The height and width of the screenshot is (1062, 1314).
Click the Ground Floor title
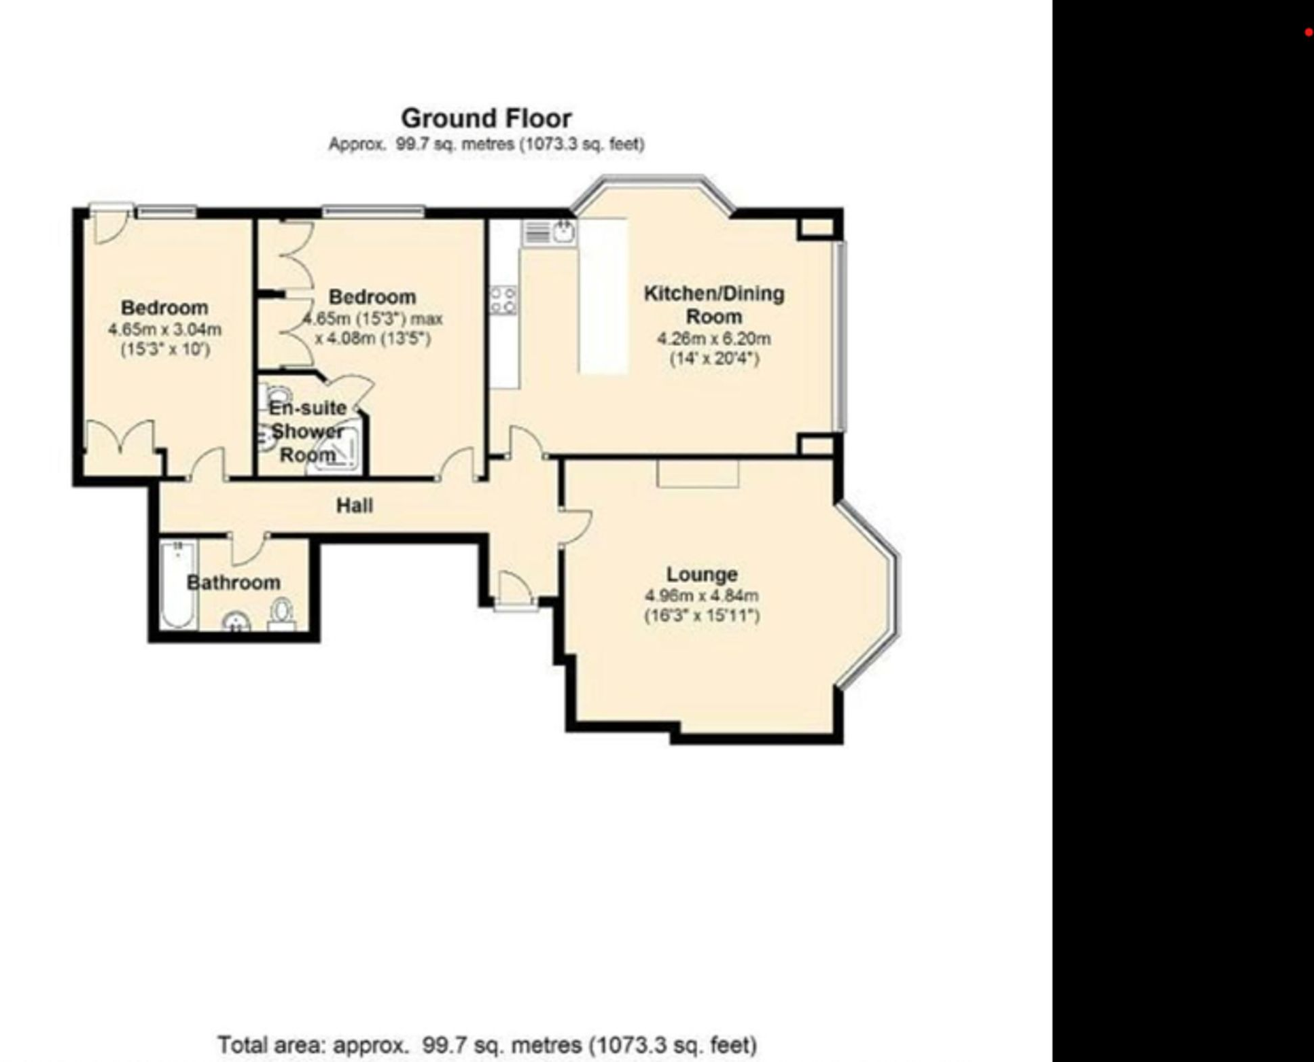[486, 118]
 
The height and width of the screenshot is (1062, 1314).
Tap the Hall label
[354, 506]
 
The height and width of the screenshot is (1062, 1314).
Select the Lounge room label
[701, 574]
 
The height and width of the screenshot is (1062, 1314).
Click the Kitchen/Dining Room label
[713, 304]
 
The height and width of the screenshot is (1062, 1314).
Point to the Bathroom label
[233, 582]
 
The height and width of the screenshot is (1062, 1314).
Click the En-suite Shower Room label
[308, 431]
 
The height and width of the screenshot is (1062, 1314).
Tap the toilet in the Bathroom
[281, 612]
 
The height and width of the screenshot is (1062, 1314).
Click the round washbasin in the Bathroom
[236, 622]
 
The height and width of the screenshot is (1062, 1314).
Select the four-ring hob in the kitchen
[503, 300]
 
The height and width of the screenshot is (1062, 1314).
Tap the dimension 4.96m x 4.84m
[701, 596]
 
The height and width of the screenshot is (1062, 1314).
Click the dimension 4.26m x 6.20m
[713, 338]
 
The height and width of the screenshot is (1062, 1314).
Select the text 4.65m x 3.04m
[164, 330]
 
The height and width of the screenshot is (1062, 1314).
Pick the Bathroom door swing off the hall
[249, 549]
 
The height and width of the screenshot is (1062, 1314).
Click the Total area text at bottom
[486, 1044]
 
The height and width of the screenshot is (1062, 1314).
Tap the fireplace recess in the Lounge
[697, 473]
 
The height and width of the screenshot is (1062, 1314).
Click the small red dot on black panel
[1308, 32]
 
